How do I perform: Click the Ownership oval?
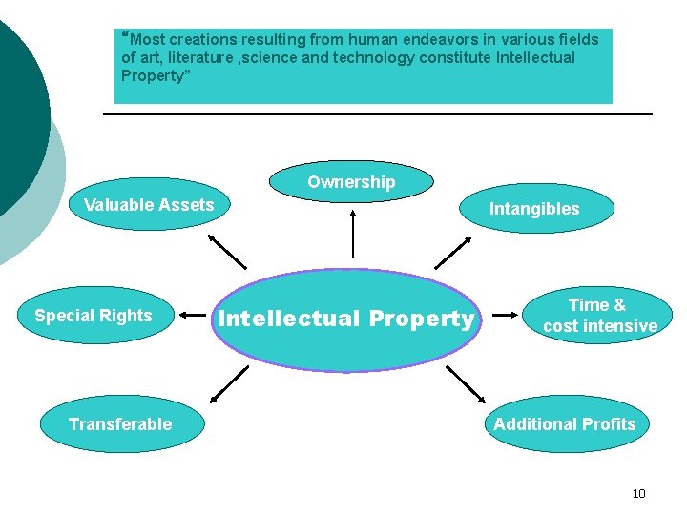coord(351,182)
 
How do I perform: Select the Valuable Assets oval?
coord(150,205)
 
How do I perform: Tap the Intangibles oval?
coord(534,209)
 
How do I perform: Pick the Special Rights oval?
coord(94,316)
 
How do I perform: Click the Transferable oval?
coord(121,424)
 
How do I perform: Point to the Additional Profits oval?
coord(564,424)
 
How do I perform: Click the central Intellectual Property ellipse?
coord(345,319)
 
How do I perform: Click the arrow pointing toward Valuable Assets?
coord(227,251)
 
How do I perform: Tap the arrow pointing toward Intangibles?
coord(452,251)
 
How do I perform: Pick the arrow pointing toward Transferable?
coord(227,383)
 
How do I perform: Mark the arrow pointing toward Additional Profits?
coord(465,383)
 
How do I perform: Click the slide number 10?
coord(639,493)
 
